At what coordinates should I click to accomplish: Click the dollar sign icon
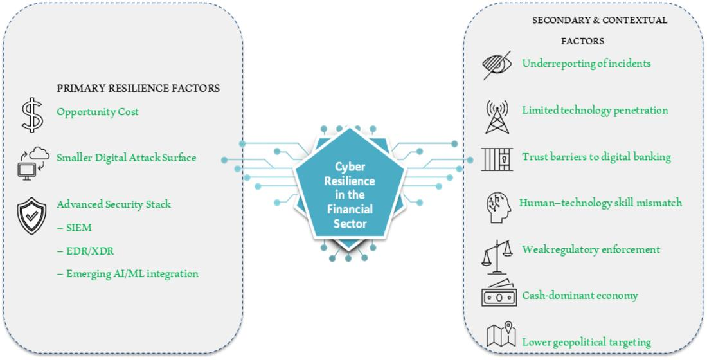[x=31, y=114]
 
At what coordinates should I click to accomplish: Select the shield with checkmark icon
[x=31, y=216]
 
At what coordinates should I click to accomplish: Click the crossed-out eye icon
[x=497, y=65]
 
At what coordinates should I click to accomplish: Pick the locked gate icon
[x=497, y=159]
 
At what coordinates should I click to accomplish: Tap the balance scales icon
[x=497, y=255]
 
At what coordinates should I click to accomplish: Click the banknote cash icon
[x=499, y=295]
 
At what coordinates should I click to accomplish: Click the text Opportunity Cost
[x=98, y=112]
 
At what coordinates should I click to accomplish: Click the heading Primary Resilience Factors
[x=138, y=88]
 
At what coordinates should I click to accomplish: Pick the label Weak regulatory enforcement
[x=591, y=249]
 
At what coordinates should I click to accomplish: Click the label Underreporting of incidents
[x=586, y=64]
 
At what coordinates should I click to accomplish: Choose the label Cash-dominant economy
[x=580, y=296]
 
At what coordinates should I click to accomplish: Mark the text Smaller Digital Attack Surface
[x=126, y=157]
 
